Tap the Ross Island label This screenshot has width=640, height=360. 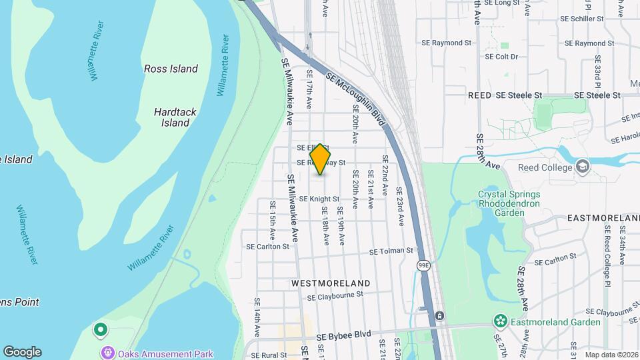point(171,69)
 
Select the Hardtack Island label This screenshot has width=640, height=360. point(175,117)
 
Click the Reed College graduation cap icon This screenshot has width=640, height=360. point(583,165)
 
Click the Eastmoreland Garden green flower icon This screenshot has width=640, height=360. point(500,322)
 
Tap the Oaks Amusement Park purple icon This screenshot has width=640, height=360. point(105,353)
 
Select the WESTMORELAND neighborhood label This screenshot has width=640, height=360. point(331,283)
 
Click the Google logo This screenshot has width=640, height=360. point(22,352)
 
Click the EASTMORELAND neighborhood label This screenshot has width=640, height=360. point(603,218)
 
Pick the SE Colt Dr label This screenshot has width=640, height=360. point(502,57)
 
